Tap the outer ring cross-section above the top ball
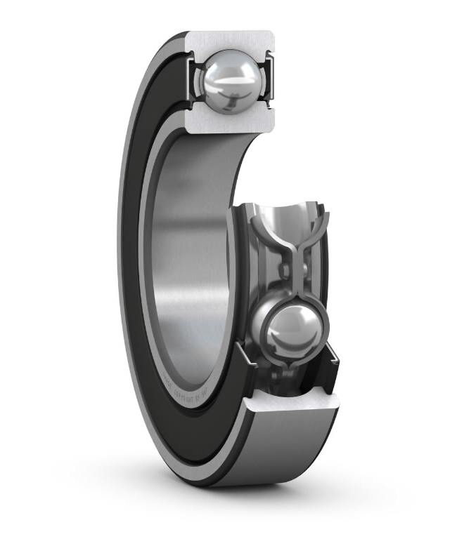coord(228,41)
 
